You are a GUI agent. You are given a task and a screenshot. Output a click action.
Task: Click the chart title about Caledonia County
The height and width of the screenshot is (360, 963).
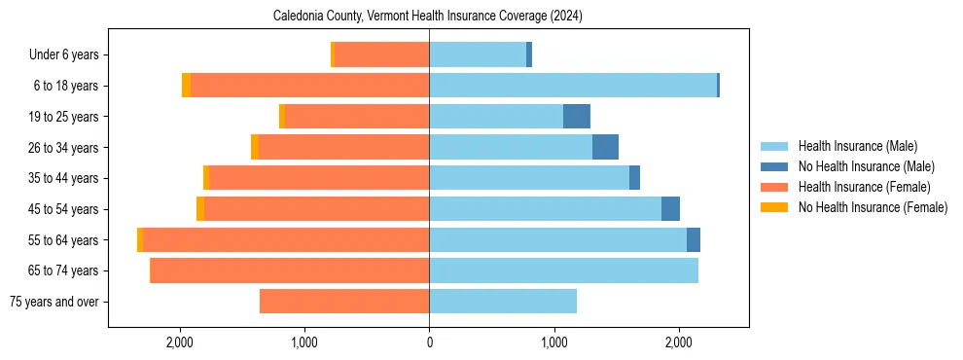428,16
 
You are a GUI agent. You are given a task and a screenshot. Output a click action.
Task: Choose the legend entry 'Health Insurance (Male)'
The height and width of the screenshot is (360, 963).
857,146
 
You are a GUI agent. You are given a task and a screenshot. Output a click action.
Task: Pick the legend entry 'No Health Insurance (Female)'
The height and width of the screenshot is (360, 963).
873,207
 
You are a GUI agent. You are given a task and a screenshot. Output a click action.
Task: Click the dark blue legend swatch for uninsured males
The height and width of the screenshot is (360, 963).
774,166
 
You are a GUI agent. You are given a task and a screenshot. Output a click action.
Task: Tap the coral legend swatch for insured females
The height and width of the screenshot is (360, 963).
774,187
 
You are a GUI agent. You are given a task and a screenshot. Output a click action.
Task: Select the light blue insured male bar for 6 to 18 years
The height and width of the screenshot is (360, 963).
573,86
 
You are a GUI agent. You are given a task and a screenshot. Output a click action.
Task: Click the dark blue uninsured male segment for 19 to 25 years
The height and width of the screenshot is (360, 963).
577,116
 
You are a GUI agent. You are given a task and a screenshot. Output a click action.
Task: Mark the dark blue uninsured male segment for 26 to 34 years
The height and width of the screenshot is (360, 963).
605,147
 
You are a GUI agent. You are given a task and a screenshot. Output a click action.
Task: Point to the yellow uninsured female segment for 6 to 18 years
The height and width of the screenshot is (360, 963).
186,86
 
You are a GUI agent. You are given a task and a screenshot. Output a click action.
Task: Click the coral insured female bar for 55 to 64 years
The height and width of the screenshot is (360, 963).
286,239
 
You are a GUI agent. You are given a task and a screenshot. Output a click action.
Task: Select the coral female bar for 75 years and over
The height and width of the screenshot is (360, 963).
344,302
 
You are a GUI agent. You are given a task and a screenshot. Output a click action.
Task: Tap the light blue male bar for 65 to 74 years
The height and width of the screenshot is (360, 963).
563,270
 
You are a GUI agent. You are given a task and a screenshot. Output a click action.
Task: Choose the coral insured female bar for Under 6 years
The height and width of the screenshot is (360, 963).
381,54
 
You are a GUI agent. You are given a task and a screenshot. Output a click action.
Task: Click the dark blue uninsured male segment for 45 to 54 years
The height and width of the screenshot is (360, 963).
670,209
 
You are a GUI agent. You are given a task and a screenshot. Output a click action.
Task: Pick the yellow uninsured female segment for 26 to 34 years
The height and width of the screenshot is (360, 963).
255,147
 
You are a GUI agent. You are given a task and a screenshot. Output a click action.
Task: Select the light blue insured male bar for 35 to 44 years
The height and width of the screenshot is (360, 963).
529,178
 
